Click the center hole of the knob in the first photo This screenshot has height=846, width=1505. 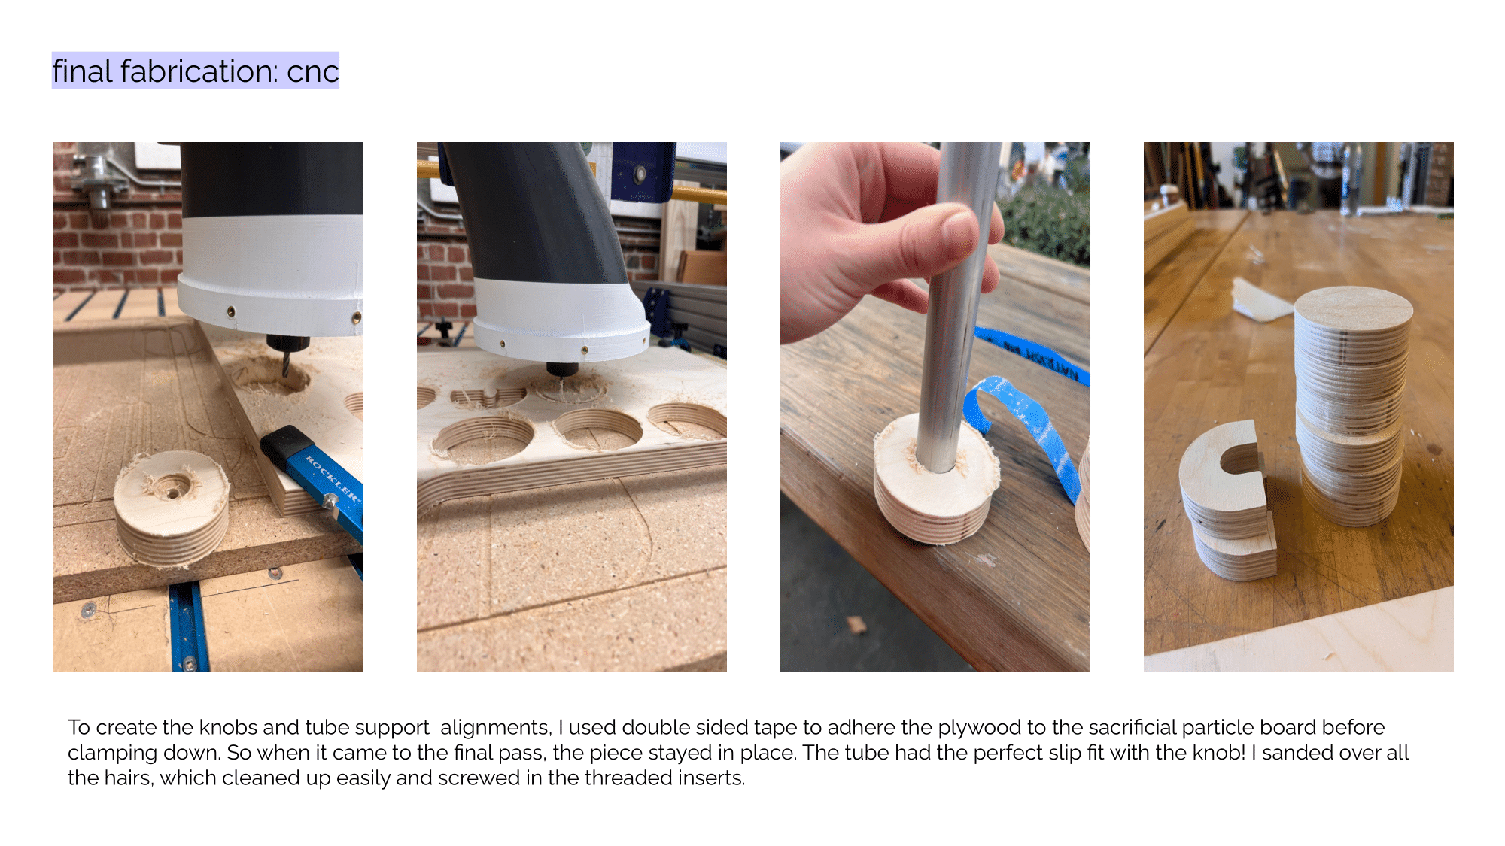point(173,493)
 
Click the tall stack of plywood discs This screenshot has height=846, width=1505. point(1351,406)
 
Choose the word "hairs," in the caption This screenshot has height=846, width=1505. point(124,778)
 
